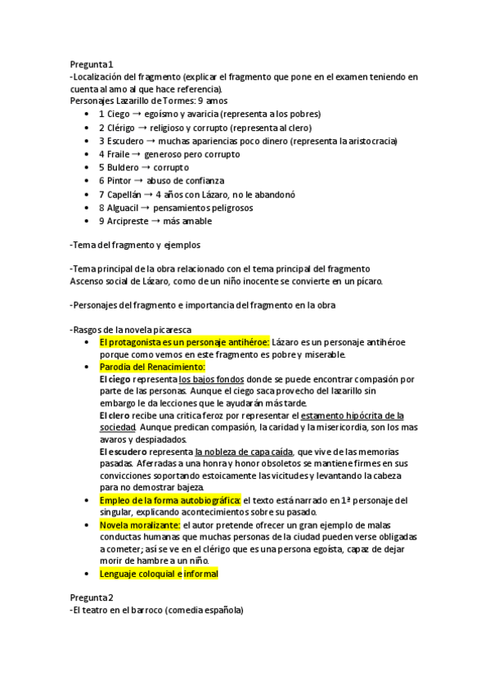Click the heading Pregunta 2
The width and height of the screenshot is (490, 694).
pos(92,597)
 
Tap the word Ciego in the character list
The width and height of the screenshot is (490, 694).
pos(119,114)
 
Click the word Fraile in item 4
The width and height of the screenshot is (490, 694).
pos(119,154)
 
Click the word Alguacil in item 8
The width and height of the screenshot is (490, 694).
pos(124,207)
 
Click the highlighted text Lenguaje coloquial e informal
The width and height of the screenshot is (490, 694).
pos(159,574)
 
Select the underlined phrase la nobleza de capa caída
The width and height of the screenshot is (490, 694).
pos(244,452)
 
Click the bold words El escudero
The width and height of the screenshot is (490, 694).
pos(125,452)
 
